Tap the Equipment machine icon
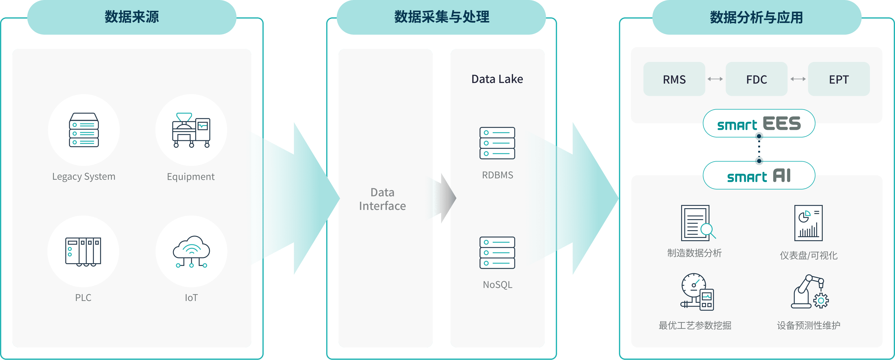[x=191, y=130]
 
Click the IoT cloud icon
[x=191, y=252]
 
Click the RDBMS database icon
[x=497, y=143]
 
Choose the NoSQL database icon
[x=497, y=253]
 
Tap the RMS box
[x=674, y=79]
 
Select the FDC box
[x=756, y=79]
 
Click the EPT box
[x=839, y=79]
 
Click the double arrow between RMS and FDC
[x=715, y=79]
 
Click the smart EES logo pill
[x=759, y=123]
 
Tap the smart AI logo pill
[x=759, y=175]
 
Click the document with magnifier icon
[x=698, y=223]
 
